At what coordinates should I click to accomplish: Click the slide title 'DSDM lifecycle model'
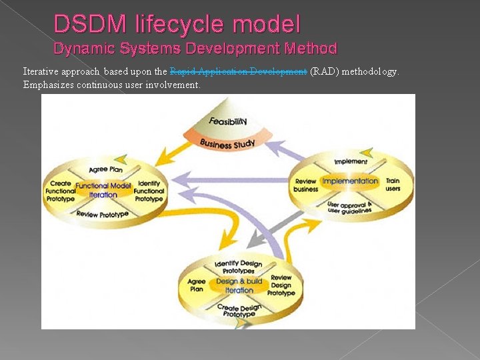(177, 25)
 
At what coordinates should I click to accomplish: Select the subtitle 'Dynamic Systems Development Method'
(195, 49)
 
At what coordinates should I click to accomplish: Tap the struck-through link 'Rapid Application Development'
(238, 71)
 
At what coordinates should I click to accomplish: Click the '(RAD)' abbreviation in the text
(324, 71)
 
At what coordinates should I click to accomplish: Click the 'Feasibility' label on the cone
(227, 121)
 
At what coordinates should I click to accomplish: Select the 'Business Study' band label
(227, 143)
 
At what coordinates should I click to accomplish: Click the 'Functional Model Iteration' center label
(103, 190)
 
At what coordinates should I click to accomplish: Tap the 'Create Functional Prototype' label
(60, 191)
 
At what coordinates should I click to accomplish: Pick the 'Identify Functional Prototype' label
(149, 191)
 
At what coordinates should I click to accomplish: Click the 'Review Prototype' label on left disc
(102, 214)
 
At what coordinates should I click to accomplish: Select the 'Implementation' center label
(350, 181)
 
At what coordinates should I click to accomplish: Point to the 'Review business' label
(305, 185)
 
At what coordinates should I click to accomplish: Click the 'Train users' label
(393, 185)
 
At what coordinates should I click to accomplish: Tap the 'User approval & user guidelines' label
(350, 207)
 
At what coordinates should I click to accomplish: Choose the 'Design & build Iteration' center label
(239, 286)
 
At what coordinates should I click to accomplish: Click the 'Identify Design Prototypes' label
(239, 267)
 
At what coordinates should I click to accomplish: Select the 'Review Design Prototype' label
(281, 285)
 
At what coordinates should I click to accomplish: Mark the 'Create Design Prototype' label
(239, 311)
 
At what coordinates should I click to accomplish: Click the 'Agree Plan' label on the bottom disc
(197, 285)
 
